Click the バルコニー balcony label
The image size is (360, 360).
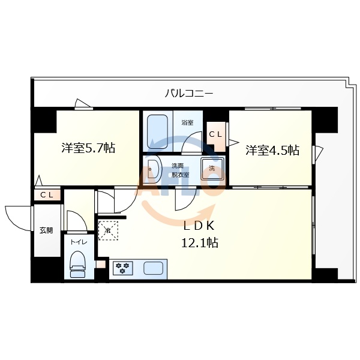[189, 94]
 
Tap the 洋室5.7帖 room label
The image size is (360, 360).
[88, 149]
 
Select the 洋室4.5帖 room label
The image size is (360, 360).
[272, 151]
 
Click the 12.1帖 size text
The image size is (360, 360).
[199, 242]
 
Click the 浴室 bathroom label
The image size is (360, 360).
[187, 123]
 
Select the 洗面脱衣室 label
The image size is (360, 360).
[180, 170]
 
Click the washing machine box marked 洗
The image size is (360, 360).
[212, 169]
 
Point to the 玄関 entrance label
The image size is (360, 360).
[46, 230]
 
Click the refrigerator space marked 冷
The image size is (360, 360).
[109, 230]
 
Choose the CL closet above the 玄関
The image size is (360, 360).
[47, 195]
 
